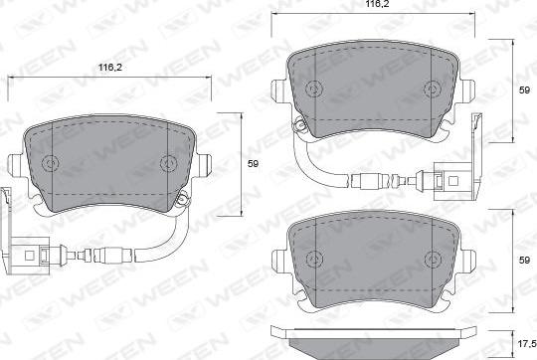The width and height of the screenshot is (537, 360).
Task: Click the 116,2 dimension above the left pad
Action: (110, 68)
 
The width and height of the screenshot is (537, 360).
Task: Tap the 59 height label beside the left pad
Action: (254, 164)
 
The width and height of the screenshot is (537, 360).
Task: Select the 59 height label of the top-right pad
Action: (524, 90)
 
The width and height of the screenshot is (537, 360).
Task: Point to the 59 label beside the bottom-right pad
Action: (524, 260)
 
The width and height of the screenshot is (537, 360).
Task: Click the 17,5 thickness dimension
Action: (527, 344)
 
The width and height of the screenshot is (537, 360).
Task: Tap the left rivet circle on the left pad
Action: (51, 163)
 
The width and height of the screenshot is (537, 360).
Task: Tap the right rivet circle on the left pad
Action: (168, 163)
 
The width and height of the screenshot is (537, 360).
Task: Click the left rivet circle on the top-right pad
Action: (314, 89)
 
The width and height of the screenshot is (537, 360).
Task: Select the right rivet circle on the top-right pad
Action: (433, 90)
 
